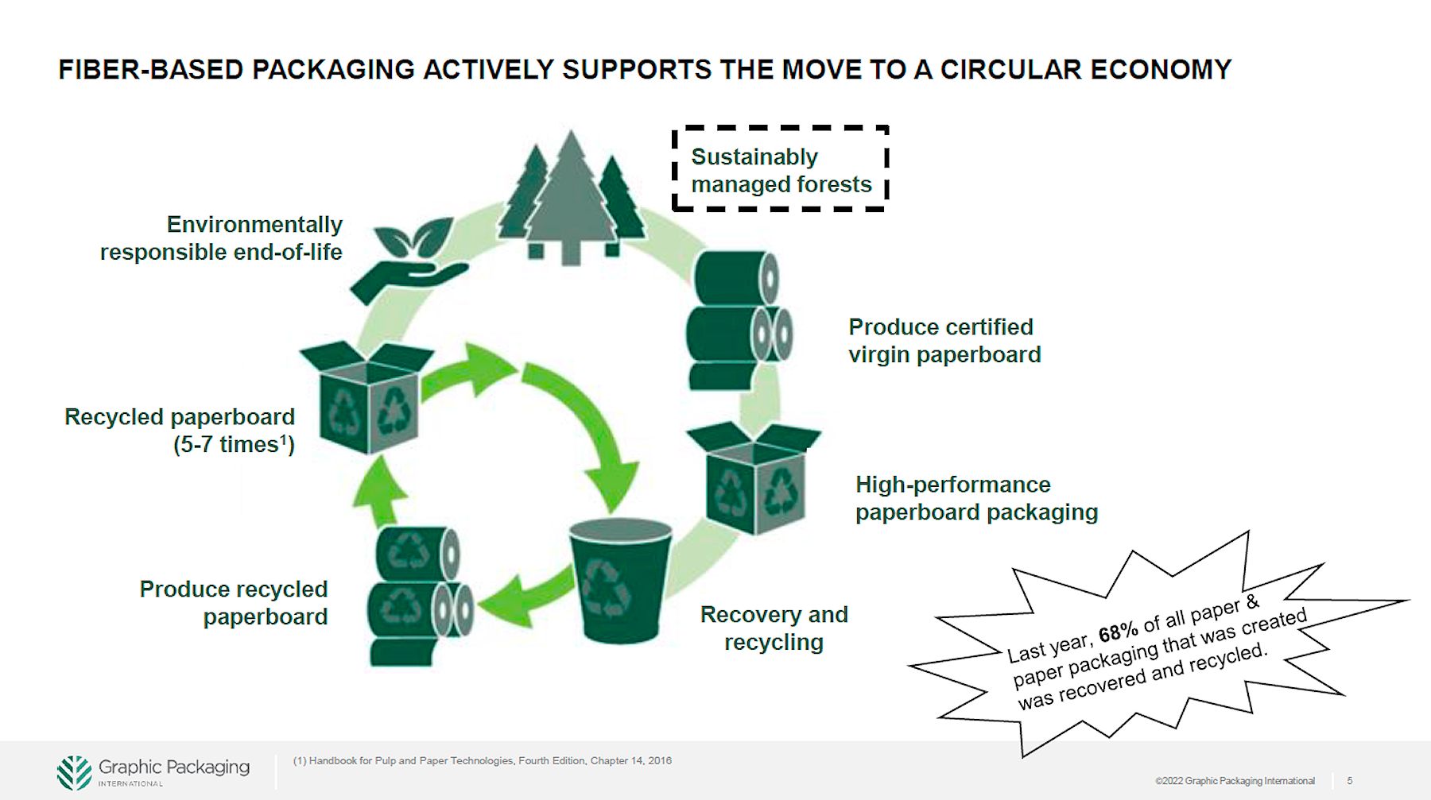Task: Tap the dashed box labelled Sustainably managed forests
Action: tap(780, 169)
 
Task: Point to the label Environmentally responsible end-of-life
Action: tap(222, 238)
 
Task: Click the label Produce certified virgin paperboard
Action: tap(944, 341)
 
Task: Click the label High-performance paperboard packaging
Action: tap(975, 498)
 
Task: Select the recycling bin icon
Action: tap(620, 580)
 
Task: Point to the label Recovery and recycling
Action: tap(774, 628)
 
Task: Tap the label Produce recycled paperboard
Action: tap(234, 603)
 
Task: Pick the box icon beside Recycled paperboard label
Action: tap(367, 397)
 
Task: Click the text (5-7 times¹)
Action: tap(234, 444)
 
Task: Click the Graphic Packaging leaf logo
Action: tap(74, 772)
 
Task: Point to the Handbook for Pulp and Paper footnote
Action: tap(482, 761)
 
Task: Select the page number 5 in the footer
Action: tap(1349, 781)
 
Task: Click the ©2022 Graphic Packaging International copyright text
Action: tap(1235, 781)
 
